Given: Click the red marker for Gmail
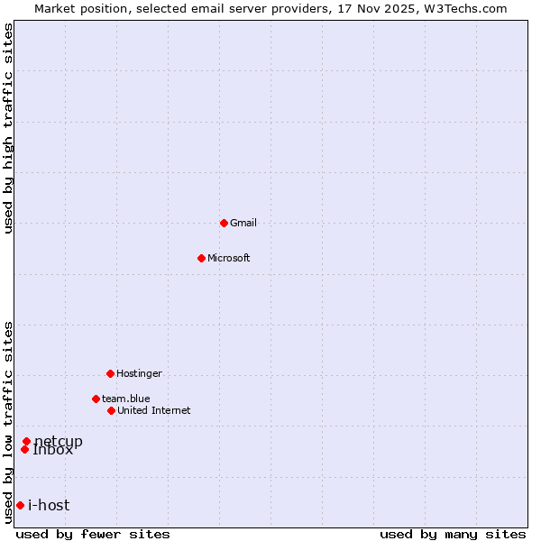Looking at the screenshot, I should (x=224, y=223).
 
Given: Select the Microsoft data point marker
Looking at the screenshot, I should (x=201, y=258).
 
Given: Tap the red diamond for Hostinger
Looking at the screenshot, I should (x=110, y=373).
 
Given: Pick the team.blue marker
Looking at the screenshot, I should (x=96, y=399).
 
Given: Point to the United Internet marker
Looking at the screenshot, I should (x=111, y=410).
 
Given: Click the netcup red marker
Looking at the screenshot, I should (x=26, y=441).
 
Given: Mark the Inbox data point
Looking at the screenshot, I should (x=24, y=449).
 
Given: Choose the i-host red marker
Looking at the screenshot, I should (x=20, y=505).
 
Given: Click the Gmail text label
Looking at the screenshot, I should (x=243, y=223).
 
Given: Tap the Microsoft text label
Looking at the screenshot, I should (x=229, y=258).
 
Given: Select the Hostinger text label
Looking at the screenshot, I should (x=139, y=373).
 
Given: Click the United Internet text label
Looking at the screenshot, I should (x=154, y=410).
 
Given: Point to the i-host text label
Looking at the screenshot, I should (x=49, y=505).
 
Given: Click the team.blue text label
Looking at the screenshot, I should (x=126, y=399).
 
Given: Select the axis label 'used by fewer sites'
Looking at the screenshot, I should (x=93, y=535).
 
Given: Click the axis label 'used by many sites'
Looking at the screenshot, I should (x=453, y=535).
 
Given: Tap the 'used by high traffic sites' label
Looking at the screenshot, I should (x=9, y=128).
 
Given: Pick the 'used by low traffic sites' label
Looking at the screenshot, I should (x=9, y=422).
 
